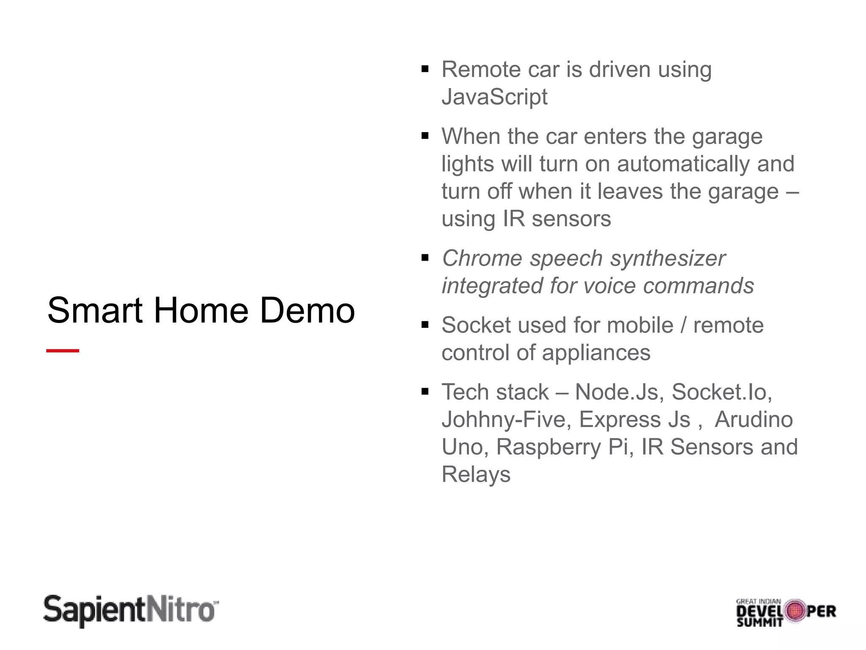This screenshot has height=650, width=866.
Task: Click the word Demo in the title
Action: (x=307, y=311)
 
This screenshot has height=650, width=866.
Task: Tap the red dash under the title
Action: (x=63, y=350)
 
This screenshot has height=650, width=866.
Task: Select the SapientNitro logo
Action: (x=131, y=611)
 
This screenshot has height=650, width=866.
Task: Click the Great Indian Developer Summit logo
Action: (x=786, y=612)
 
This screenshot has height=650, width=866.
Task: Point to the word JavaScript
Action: (x=494, y=97)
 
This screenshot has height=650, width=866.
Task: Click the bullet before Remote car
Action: (x=425, y=69)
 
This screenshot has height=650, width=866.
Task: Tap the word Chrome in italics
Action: (x=482, y=258)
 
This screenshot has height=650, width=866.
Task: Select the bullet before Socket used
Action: (x=425, y=325)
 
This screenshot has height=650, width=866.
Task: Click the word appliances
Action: (x=596, y=353)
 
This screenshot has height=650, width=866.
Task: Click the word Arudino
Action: (x=754, y=419)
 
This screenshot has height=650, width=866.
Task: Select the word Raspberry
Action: (x=548, y=447)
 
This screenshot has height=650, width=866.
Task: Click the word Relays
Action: (x=476, y=474)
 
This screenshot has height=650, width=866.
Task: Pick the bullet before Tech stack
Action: (x=425, y=391)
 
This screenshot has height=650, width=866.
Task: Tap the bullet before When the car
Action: (x=425, y=136)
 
